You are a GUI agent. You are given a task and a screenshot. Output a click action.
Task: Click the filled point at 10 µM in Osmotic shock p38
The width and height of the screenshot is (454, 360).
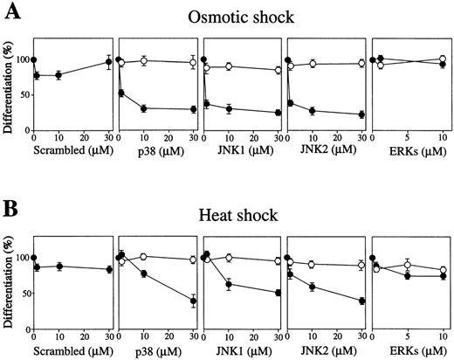[143, 108]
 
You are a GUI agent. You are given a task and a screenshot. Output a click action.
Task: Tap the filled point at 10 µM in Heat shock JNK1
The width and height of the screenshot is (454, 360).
[228, 284]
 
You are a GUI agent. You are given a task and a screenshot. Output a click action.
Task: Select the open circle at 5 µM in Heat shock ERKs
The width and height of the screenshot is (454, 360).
[407, 265]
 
